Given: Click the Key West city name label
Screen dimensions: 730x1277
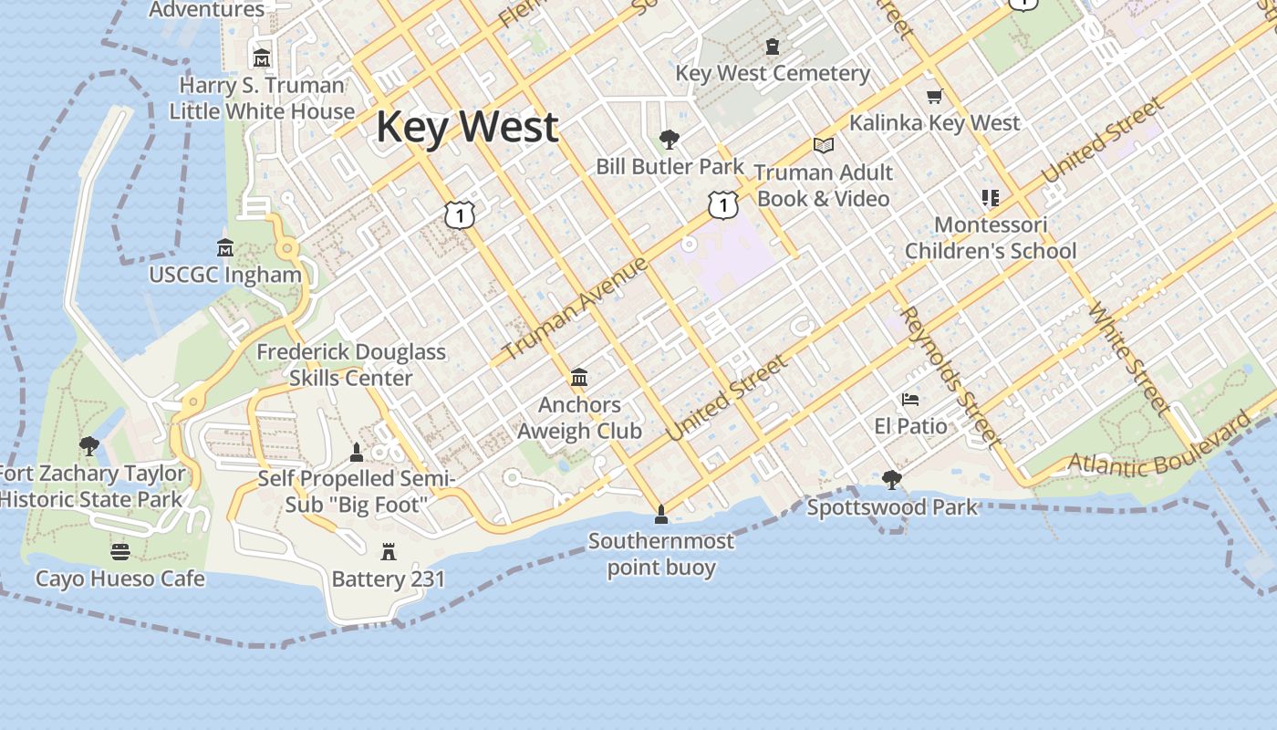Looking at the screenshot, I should coord(467,126).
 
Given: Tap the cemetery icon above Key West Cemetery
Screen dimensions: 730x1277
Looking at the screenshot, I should coord(773,46).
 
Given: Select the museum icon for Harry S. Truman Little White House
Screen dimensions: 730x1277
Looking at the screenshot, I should coord(262,57).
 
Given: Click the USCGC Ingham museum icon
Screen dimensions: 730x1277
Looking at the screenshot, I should coord(225,247).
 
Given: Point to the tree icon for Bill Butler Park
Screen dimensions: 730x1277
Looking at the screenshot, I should coord(670,140).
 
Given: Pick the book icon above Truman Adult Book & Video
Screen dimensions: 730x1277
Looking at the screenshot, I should coord(824,145).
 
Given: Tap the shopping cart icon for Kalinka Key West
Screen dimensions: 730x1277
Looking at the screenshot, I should coord(934,96).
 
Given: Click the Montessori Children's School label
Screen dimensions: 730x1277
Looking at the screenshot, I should coord(991,237).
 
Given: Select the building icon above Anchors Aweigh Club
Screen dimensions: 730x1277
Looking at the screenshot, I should coord(578,377).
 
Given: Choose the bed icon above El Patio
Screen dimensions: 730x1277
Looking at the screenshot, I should coord(910,399).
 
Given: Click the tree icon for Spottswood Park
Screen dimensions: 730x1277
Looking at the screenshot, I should coord(892,479).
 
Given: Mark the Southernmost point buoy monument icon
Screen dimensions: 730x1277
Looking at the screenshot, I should coord(661,515).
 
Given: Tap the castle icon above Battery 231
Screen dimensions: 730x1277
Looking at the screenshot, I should coord(389,551).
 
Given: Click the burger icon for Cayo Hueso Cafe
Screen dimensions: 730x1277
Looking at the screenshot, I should coord(120,551).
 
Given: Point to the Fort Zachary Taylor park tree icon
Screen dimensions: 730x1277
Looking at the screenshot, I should coord(89,446).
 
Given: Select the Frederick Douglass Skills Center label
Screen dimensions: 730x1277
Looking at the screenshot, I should coord(351,364).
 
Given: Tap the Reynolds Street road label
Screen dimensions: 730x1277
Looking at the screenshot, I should coord(950,376).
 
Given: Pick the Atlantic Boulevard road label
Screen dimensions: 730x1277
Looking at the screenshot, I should coord(1161,446).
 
